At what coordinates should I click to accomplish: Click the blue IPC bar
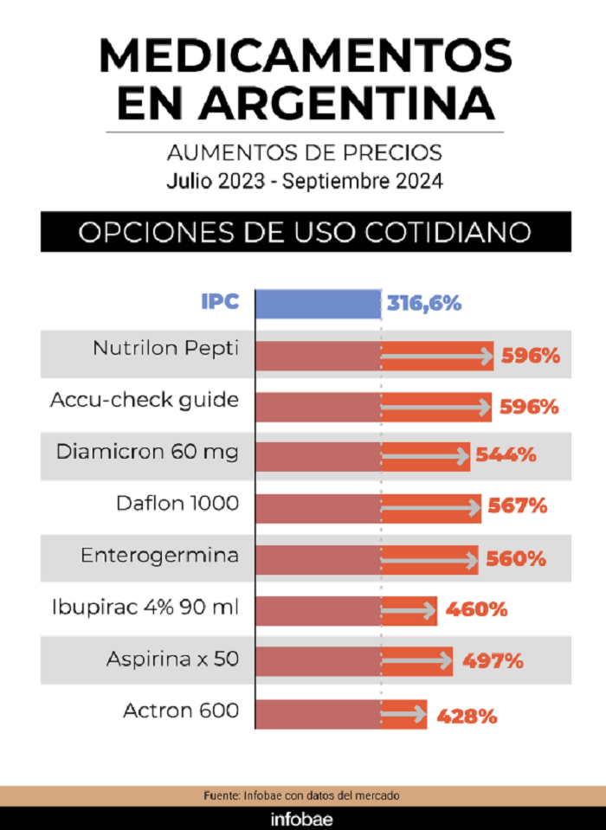[x=318, y=304]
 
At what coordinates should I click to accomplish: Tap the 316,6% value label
[x=424, y=304]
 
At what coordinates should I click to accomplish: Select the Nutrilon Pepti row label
[x=165, y=349]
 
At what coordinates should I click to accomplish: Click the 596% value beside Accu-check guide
[x=529, y=407]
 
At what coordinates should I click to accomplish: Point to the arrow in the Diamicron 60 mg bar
[x=425, y=456]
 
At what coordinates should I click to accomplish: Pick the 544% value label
[x=506, y=454]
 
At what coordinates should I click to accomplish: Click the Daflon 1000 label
[x=177, y=503]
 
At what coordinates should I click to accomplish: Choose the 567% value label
[x=517, y=505]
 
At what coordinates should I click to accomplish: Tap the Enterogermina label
[x=159, y=556]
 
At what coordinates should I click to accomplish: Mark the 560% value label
[x=515, y=559]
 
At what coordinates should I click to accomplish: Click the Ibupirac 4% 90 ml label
[x=145, y=607]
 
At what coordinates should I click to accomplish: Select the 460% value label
[x=476, y=609]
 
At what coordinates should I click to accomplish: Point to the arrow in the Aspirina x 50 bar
[x=416, y=660]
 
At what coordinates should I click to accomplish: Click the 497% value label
[x=493, y=661]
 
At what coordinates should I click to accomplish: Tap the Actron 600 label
[x=180, y=711]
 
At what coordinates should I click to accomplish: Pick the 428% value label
[x=467, y=717]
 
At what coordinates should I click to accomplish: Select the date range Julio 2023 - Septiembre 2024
[x=305, y=181]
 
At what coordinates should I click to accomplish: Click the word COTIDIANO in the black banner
[x=448, y=232]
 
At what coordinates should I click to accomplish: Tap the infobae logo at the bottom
[x=301, y=820]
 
